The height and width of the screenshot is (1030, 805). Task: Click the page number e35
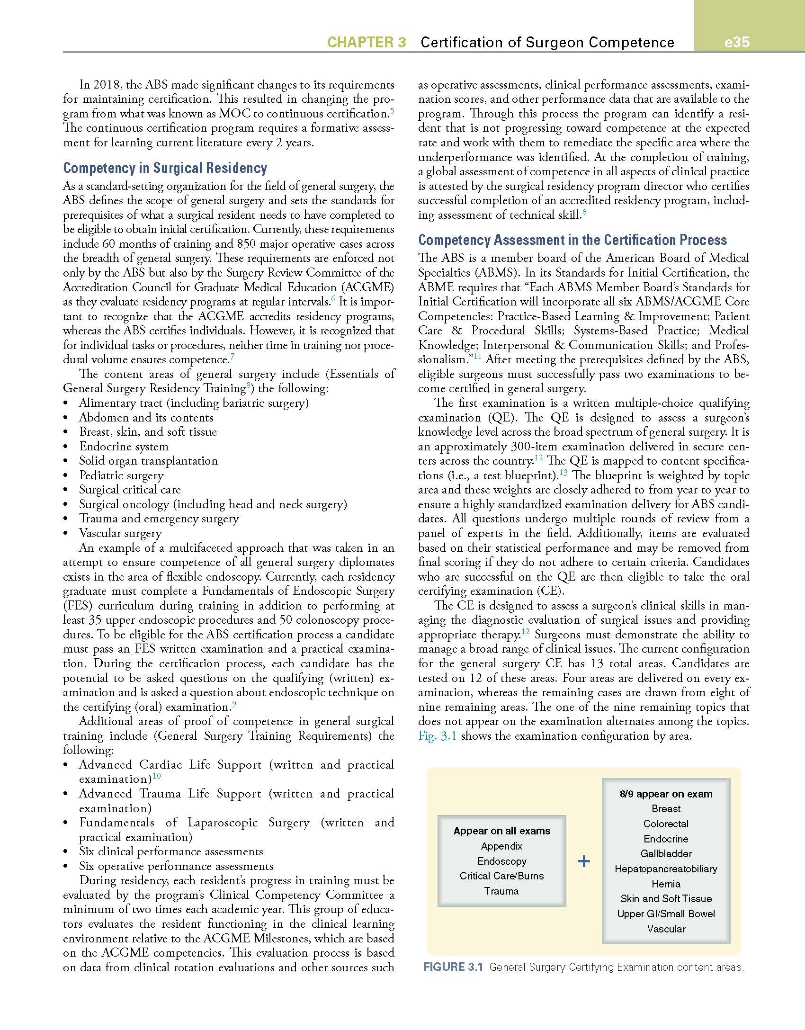point(737,42)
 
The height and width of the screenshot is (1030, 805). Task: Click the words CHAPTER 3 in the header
point(367,42)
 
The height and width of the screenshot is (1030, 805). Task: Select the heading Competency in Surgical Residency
point(165,168)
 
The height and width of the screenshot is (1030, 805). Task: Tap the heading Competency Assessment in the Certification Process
point(572,240)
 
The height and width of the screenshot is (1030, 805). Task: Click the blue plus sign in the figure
point(584,861)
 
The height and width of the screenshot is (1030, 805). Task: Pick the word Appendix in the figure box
point(501,846)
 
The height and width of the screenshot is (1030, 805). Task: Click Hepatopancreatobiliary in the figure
point(666,869)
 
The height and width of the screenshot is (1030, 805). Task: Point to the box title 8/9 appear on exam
point(666,794)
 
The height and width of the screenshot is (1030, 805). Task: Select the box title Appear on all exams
point(502,831)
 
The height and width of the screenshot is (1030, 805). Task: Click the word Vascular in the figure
point(666,929)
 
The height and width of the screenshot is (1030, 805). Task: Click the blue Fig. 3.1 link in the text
point(437,736)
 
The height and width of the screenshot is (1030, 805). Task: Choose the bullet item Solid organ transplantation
point(148,461)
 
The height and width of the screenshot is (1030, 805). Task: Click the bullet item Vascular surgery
point(120,533)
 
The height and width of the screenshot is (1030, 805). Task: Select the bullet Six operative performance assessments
point(176,866)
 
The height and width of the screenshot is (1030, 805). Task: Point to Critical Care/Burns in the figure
point(501,876)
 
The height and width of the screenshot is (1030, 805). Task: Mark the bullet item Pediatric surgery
point(121,475)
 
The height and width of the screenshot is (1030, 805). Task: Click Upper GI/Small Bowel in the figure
point(666,914)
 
